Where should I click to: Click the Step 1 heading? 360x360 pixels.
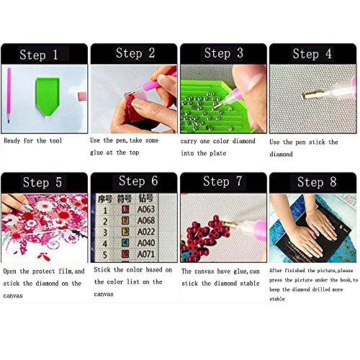pos(39,55)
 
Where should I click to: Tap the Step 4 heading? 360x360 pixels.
pos(312,54)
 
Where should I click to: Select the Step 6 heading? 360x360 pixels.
pos(138,181)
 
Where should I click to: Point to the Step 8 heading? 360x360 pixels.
pos(317,182)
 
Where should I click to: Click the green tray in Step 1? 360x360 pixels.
pos(48,96)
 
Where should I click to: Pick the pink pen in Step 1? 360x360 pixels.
pos(9,95)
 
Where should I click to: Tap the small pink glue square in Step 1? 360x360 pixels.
pos(82,96)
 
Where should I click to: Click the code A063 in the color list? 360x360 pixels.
pos(146,210)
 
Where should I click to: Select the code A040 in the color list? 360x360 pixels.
pos(146,243)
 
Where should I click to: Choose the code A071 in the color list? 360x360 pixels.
pos(146,254)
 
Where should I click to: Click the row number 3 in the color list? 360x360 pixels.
pos(105,233)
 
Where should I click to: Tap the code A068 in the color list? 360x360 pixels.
pos(146,220)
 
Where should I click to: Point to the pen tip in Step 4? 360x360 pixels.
pos(303,96)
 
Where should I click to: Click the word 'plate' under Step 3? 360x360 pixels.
pos(218,153)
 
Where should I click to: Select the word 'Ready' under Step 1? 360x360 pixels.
pos(12,141)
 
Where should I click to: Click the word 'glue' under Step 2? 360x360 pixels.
pos(96,153)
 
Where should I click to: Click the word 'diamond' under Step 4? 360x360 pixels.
pos(281,154)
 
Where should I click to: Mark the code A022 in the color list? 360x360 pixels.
pos(146,232)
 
